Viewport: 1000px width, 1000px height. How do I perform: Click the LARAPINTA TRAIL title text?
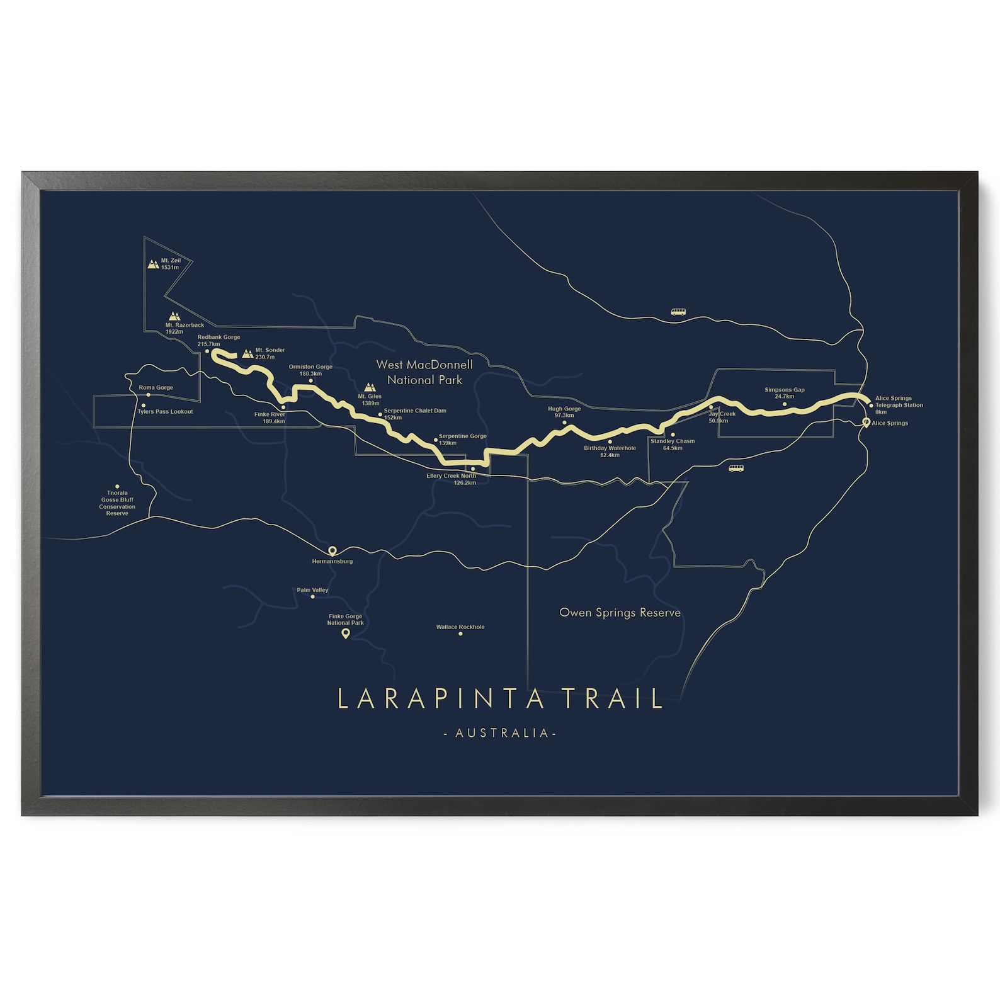pos(500,699)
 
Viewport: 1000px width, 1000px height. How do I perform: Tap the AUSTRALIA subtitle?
pos(500,733)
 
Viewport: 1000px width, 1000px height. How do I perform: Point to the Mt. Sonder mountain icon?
pos(247,354)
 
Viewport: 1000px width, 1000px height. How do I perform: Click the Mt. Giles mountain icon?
pos(370,387)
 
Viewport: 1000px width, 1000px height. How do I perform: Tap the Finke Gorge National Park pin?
pos(345,634)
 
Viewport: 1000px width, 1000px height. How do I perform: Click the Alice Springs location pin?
pos(866,423)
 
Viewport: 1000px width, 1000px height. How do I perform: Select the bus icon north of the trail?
pos(678,312)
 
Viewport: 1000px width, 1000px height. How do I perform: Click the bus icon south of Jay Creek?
pos(736,468)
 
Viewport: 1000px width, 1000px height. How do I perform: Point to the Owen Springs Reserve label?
pos(620,612)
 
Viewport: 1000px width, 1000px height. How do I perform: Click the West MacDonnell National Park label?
pos(424,372)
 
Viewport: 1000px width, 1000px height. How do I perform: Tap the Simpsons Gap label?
pos(784,390)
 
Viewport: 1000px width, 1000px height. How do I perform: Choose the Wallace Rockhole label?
pos(460,627)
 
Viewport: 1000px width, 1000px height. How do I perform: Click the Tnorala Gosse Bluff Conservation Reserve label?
pos(117,503)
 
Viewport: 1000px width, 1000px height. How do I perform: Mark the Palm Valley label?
pos(312,590)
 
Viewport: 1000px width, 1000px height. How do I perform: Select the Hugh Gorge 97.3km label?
pos(564,412)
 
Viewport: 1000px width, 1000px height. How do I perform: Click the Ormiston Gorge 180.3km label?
pos(310,370)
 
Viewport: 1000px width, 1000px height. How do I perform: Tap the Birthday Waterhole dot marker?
pos(610,441)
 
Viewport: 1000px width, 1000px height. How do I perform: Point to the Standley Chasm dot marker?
pos(673,435)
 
